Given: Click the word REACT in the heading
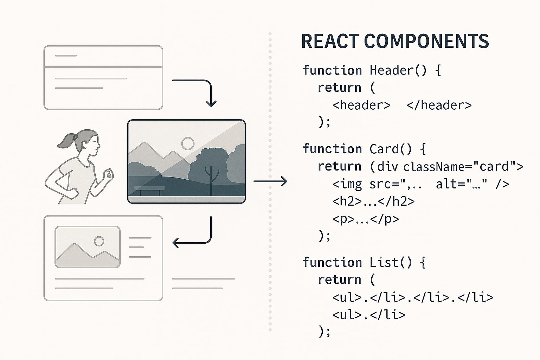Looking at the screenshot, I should pos(329,41).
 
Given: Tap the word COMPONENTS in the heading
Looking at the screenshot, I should pos(426,41).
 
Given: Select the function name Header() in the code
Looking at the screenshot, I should pos(398,70).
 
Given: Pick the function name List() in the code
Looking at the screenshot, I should pos(391,263).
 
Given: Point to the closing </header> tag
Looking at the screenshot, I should pos(439,105).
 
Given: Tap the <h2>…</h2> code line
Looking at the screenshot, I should pos(373,201).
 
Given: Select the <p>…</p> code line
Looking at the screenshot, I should pos(366,219).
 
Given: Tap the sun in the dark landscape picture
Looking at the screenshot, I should pos(188,143).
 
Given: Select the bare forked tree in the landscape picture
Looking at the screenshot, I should pos(211,178).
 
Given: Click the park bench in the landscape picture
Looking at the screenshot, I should pos(150,190).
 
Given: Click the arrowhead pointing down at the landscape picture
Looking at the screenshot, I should pos(211,103).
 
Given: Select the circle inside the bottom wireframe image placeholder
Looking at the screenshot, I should pos(99,241).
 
